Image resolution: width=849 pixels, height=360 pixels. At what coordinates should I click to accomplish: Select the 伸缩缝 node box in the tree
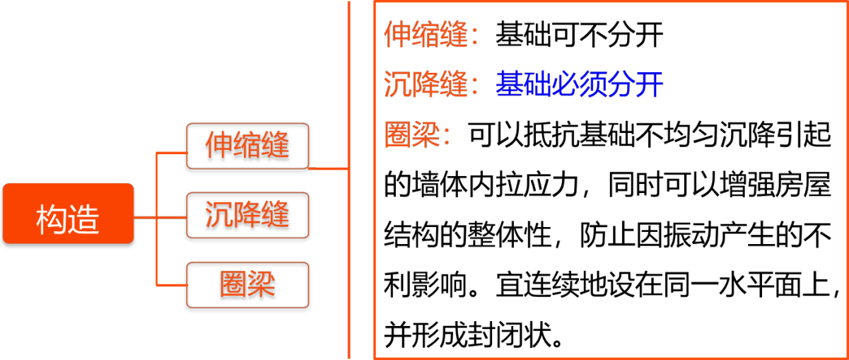coord(247,148)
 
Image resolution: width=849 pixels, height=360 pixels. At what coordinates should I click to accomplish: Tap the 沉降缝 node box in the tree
coord(247,216)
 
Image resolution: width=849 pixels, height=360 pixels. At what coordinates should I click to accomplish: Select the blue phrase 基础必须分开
coord(580,84)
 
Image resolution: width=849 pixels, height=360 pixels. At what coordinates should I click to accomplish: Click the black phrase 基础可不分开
coord(580,35)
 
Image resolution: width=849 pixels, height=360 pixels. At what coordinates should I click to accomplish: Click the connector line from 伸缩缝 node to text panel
coord(329,169)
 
